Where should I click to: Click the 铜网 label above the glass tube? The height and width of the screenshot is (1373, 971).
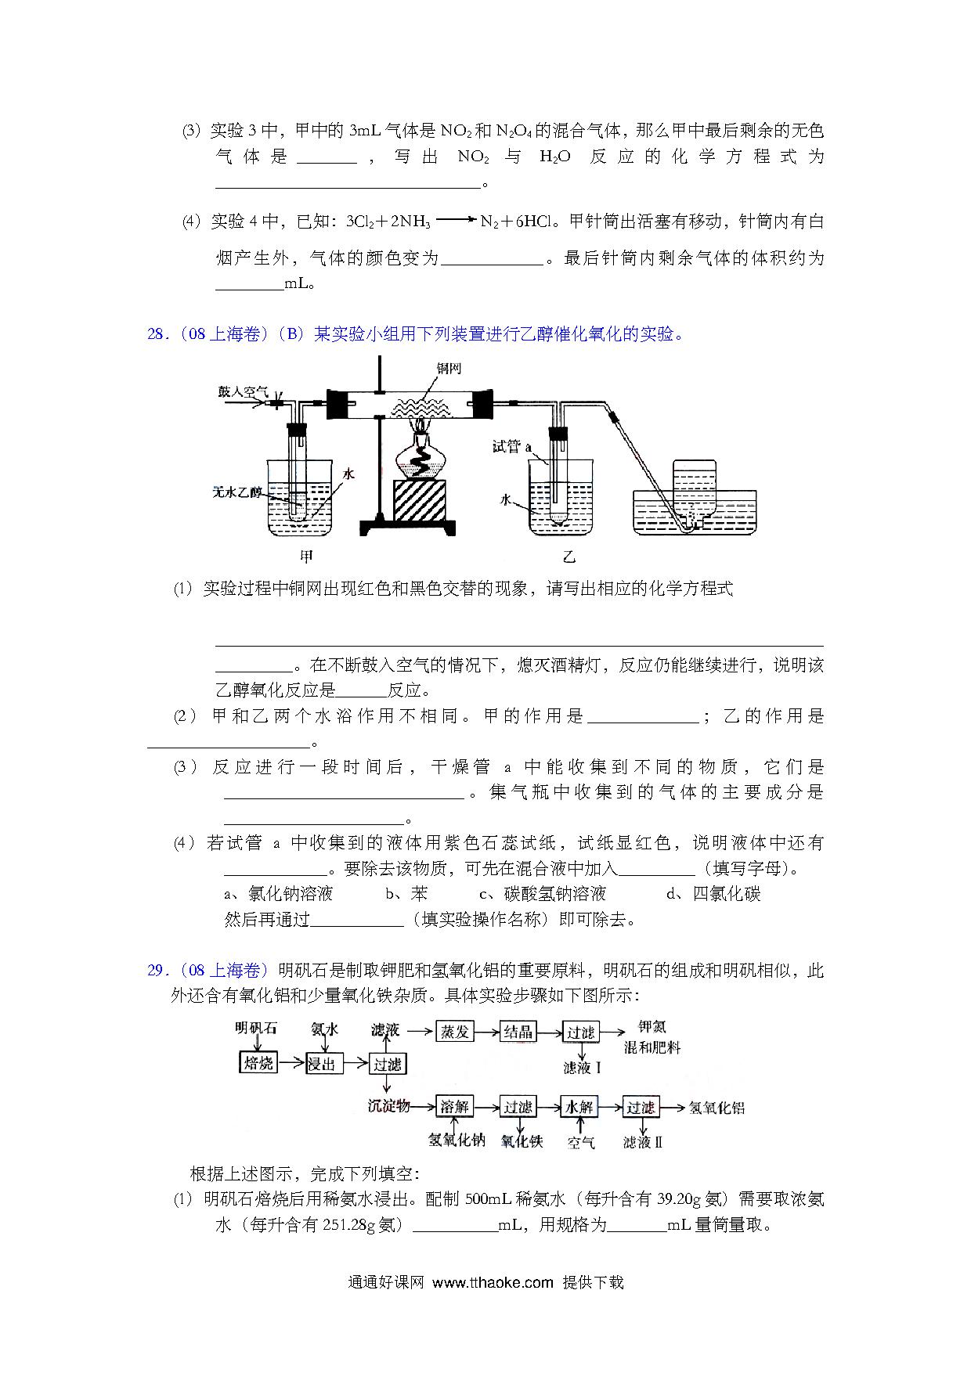click(448, 369)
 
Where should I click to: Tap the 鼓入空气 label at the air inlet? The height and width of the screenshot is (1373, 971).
click(243, 391)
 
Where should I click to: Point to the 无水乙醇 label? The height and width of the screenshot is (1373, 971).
click(238, 492)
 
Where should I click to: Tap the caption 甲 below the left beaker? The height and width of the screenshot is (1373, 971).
click(307, 557)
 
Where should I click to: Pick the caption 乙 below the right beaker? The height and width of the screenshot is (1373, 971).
click(569, 557)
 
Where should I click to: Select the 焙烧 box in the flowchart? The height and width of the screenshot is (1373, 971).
click(258, 1062)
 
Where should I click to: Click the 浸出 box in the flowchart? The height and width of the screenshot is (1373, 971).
click(323, 1063)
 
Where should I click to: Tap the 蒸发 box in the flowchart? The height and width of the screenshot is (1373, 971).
click(454, 1032)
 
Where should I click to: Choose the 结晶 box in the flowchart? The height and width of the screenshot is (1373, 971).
click(518, 1032)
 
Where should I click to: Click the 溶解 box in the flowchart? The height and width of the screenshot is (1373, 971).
click(454, 1107)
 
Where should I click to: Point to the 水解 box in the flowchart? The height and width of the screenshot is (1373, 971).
click(580, 1107)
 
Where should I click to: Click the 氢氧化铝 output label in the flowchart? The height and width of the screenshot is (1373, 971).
click(717, 1107)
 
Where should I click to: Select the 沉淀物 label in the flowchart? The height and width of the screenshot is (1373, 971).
click(388, 1106)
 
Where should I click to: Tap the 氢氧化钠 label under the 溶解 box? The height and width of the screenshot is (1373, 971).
click(457, 1141)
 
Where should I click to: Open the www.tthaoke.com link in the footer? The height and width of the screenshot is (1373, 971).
click(493, 1282)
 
